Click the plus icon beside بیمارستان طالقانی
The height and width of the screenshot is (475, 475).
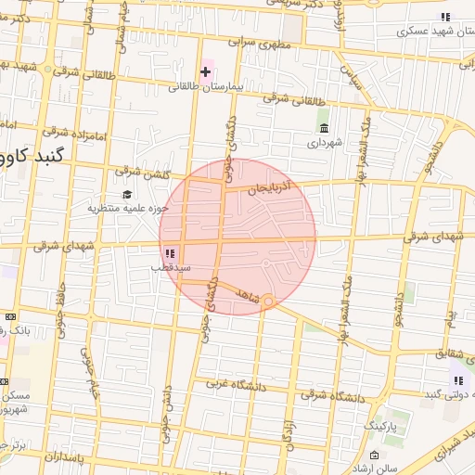tap(206, 71)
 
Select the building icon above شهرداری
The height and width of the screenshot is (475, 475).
tap(324, 128)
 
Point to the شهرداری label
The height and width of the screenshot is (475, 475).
tap(326, 143)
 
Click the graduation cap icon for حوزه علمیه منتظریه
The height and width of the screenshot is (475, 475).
tap(126, 193)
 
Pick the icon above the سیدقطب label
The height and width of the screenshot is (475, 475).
tap(169, 252)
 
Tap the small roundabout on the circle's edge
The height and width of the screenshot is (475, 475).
tap(267, 301)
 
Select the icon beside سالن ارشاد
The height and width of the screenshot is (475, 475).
tap(374, 456)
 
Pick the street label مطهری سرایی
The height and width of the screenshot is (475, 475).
tap(269, 44)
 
